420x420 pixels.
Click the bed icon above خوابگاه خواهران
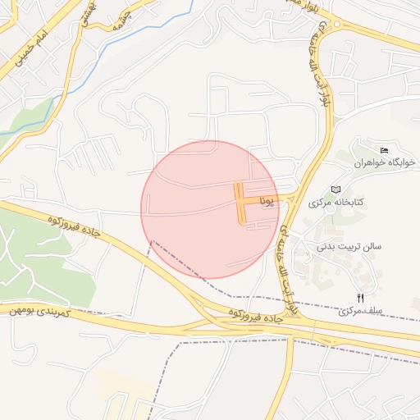[x=385, y=148]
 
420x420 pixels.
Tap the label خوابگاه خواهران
[x=385, y=162]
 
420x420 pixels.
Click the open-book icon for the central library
[x=336, y=189]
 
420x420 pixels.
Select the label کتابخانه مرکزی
[x=336, y=202]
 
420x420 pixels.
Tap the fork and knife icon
[x=360, y=298]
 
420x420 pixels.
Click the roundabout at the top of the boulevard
[x=335, y=25]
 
